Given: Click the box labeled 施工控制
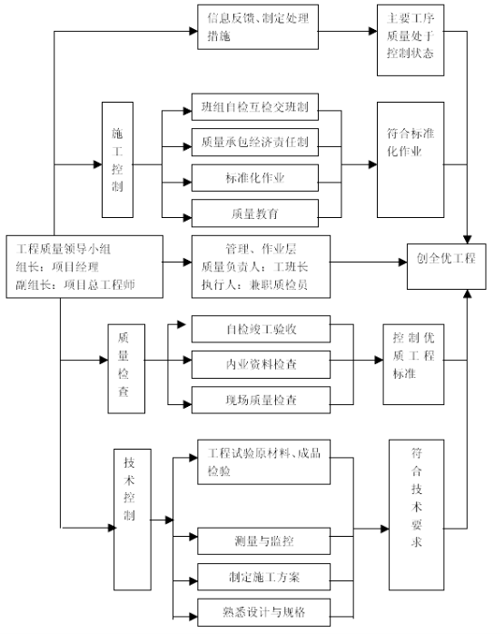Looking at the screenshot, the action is tap(117, 160).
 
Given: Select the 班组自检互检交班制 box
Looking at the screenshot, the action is tap(255, 107).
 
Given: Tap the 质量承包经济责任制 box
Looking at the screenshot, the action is tap(255, 143).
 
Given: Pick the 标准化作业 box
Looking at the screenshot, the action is tap(255, 178).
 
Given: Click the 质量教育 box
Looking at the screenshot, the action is tap(255, 213).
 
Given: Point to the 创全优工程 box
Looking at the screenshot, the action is tap(446, 266).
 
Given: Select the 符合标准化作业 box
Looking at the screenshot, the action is tap(410, 160).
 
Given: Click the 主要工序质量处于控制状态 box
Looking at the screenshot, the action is tap(410, 40).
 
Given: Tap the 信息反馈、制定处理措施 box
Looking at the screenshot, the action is tap(258, 27).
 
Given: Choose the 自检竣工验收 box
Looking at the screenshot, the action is tap(262, 329).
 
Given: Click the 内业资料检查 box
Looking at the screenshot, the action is tap(262, 365).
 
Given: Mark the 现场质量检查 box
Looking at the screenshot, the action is tap(262, 400).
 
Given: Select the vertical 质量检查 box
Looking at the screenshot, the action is tap(126, 369).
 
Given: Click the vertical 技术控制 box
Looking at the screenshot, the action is tap(133, 520).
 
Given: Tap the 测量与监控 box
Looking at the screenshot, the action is tap(264, 541).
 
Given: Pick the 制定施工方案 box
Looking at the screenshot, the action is tap(264, 577).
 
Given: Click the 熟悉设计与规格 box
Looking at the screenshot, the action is tap(264, 612).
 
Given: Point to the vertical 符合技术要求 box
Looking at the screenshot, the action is tap(417, 515).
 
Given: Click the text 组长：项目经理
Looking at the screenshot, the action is tap(57, 267).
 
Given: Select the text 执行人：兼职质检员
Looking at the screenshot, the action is tap(254, 284).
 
